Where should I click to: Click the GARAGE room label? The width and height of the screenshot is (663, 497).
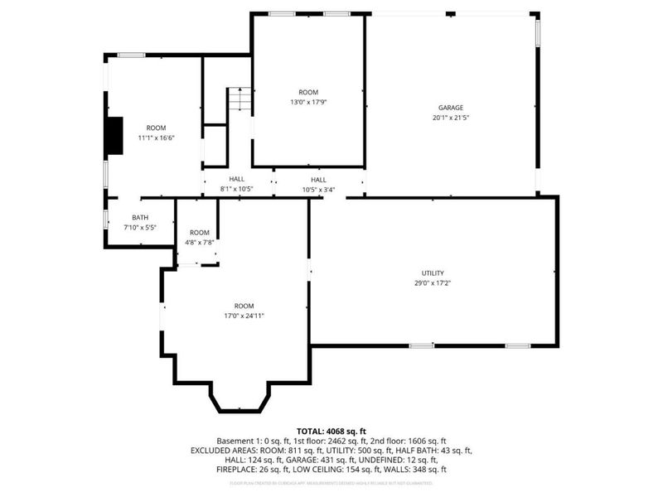451,108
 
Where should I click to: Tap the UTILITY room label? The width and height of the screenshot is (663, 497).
433,273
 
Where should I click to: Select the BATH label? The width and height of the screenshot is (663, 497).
139,218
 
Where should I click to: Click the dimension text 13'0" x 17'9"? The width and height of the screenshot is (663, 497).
308,102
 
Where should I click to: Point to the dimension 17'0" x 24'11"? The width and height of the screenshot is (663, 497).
244,316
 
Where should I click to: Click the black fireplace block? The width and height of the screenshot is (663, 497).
113,136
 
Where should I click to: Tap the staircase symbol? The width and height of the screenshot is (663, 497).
239,99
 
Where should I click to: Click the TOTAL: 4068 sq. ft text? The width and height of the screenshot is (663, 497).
331,432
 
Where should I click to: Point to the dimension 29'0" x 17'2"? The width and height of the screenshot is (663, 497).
433,282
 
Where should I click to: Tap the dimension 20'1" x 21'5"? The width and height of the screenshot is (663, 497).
451,118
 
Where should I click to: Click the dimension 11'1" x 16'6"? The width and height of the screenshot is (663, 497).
156,138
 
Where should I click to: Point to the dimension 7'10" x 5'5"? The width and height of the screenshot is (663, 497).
139,227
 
